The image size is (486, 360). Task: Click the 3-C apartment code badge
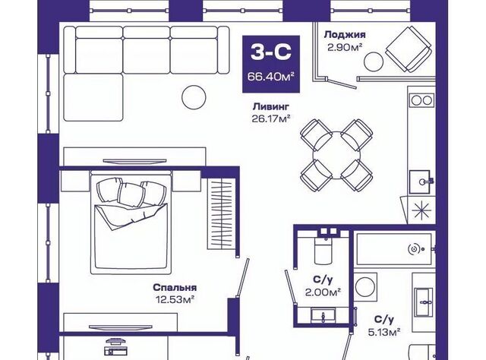271,64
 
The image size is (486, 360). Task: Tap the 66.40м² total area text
270,76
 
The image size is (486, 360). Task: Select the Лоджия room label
345,35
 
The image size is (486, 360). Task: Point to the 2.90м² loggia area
346,47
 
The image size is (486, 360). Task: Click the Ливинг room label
271,106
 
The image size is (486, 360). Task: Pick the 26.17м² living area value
271,118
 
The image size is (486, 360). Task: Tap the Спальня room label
175,288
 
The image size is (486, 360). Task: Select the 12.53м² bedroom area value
175,299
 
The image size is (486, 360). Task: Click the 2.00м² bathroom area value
323,292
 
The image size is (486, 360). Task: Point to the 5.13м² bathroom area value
384,332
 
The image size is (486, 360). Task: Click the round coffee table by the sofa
194,97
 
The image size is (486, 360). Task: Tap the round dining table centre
336,154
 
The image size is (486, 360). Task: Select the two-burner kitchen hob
421,100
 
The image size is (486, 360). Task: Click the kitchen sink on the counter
420,182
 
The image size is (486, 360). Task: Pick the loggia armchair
409,49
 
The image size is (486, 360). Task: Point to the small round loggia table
374,62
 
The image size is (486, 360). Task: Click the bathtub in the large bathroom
394,249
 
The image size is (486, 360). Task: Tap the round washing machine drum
365,286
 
